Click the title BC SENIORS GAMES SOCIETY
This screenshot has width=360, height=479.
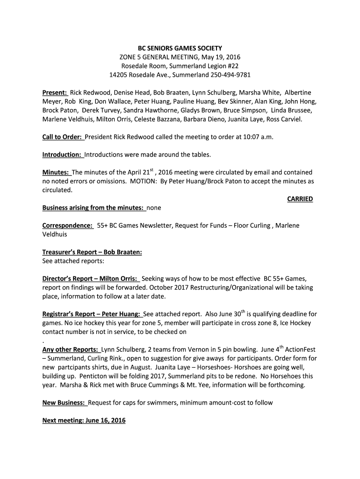tap(180, 48)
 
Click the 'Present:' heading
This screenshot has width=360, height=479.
tap(55, 93)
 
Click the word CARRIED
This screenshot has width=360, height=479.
tap(300, 199)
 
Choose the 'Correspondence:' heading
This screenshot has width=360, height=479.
tap(67, 225)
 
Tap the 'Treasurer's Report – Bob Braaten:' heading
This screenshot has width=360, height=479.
tap(92, 252)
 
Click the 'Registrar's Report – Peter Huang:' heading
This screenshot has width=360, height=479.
tap(92, 314)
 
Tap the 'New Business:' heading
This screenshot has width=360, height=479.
tap(64, 403)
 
